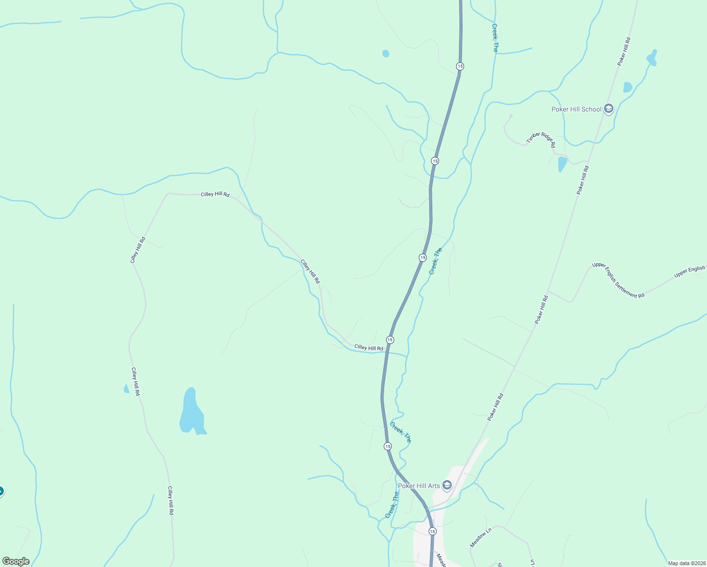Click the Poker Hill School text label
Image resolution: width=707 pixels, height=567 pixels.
[x=576, y=109]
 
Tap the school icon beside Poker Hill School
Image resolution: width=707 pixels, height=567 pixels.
[x=608, y=109]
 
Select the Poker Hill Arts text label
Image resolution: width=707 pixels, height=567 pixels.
[x=419, y=486]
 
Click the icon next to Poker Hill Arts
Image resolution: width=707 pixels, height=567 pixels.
[x=447, y=485]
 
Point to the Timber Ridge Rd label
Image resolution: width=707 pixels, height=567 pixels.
[x=541, y=140]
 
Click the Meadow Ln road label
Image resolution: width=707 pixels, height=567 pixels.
[x=481, y=538]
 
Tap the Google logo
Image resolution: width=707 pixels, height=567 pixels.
[x=16, y=561]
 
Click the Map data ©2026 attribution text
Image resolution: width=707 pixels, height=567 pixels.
[x=687, y=563]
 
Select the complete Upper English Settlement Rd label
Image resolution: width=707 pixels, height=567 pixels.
[x=618, y=280]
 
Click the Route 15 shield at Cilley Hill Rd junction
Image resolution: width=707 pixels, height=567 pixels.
[x=390, y=340]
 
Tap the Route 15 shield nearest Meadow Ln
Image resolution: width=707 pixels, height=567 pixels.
[x=432, y=532]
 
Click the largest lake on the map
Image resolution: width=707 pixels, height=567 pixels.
[x=191, y=412]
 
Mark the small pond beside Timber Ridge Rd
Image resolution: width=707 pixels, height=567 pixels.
[x=562, y=164]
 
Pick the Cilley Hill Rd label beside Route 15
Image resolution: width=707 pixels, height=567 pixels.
[x=369, y=348]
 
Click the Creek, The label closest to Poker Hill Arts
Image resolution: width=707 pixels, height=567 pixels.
[x=392, y=505]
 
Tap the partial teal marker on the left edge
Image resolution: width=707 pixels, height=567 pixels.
[x=1, y=492]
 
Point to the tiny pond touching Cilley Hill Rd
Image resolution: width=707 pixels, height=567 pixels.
[x=126, y=389]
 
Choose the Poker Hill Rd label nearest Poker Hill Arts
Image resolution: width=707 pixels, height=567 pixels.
[x=496, y=407]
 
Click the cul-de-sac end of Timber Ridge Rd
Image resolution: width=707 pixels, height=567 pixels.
[x=511, y=115]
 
